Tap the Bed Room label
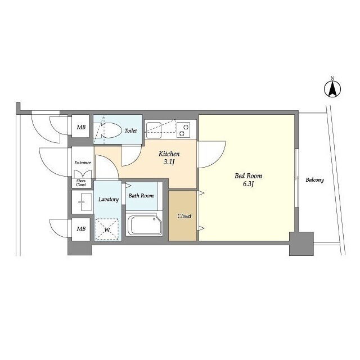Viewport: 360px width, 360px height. tap(248, 176)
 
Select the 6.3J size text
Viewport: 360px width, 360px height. tap(248, 184)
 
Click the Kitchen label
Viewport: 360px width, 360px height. tap(169, 154)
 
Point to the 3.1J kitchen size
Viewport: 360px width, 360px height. tap(169, 162)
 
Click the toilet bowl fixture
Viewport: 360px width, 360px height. tap(109, 130)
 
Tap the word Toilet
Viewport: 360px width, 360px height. tap(130, 130)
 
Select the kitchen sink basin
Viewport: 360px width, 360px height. tap(154, 130)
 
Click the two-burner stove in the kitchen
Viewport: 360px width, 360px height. tap(183, 130)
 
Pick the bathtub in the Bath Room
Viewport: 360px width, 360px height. tap(144, 224)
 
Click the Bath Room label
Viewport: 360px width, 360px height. tap(141, 196)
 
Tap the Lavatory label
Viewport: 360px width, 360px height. tap(109, 199)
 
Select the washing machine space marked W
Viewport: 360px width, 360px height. tap(107, 229)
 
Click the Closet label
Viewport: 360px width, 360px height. tap(184, 216)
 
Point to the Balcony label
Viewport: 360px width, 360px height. tap(315, 180)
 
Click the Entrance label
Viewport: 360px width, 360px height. tap(83, 163)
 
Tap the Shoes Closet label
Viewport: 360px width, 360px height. tap(81, 183)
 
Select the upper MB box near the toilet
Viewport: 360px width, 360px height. tap(81, 127)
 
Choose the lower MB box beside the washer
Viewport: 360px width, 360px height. tap(81, 229)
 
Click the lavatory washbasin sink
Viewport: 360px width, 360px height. tap(82, 202)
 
